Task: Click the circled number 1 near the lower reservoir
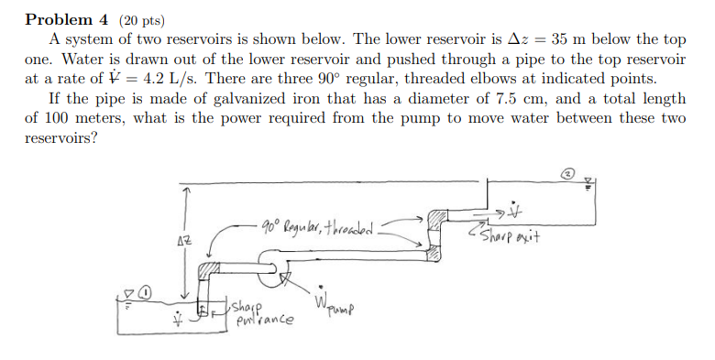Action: pyautogui.click(x=146, y=292)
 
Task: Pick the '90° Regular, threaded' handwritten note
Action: pyautogui.click(x=317, y=225)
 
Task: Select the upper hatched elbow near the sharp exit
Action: pyautogui.click(x=437, y=218)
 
